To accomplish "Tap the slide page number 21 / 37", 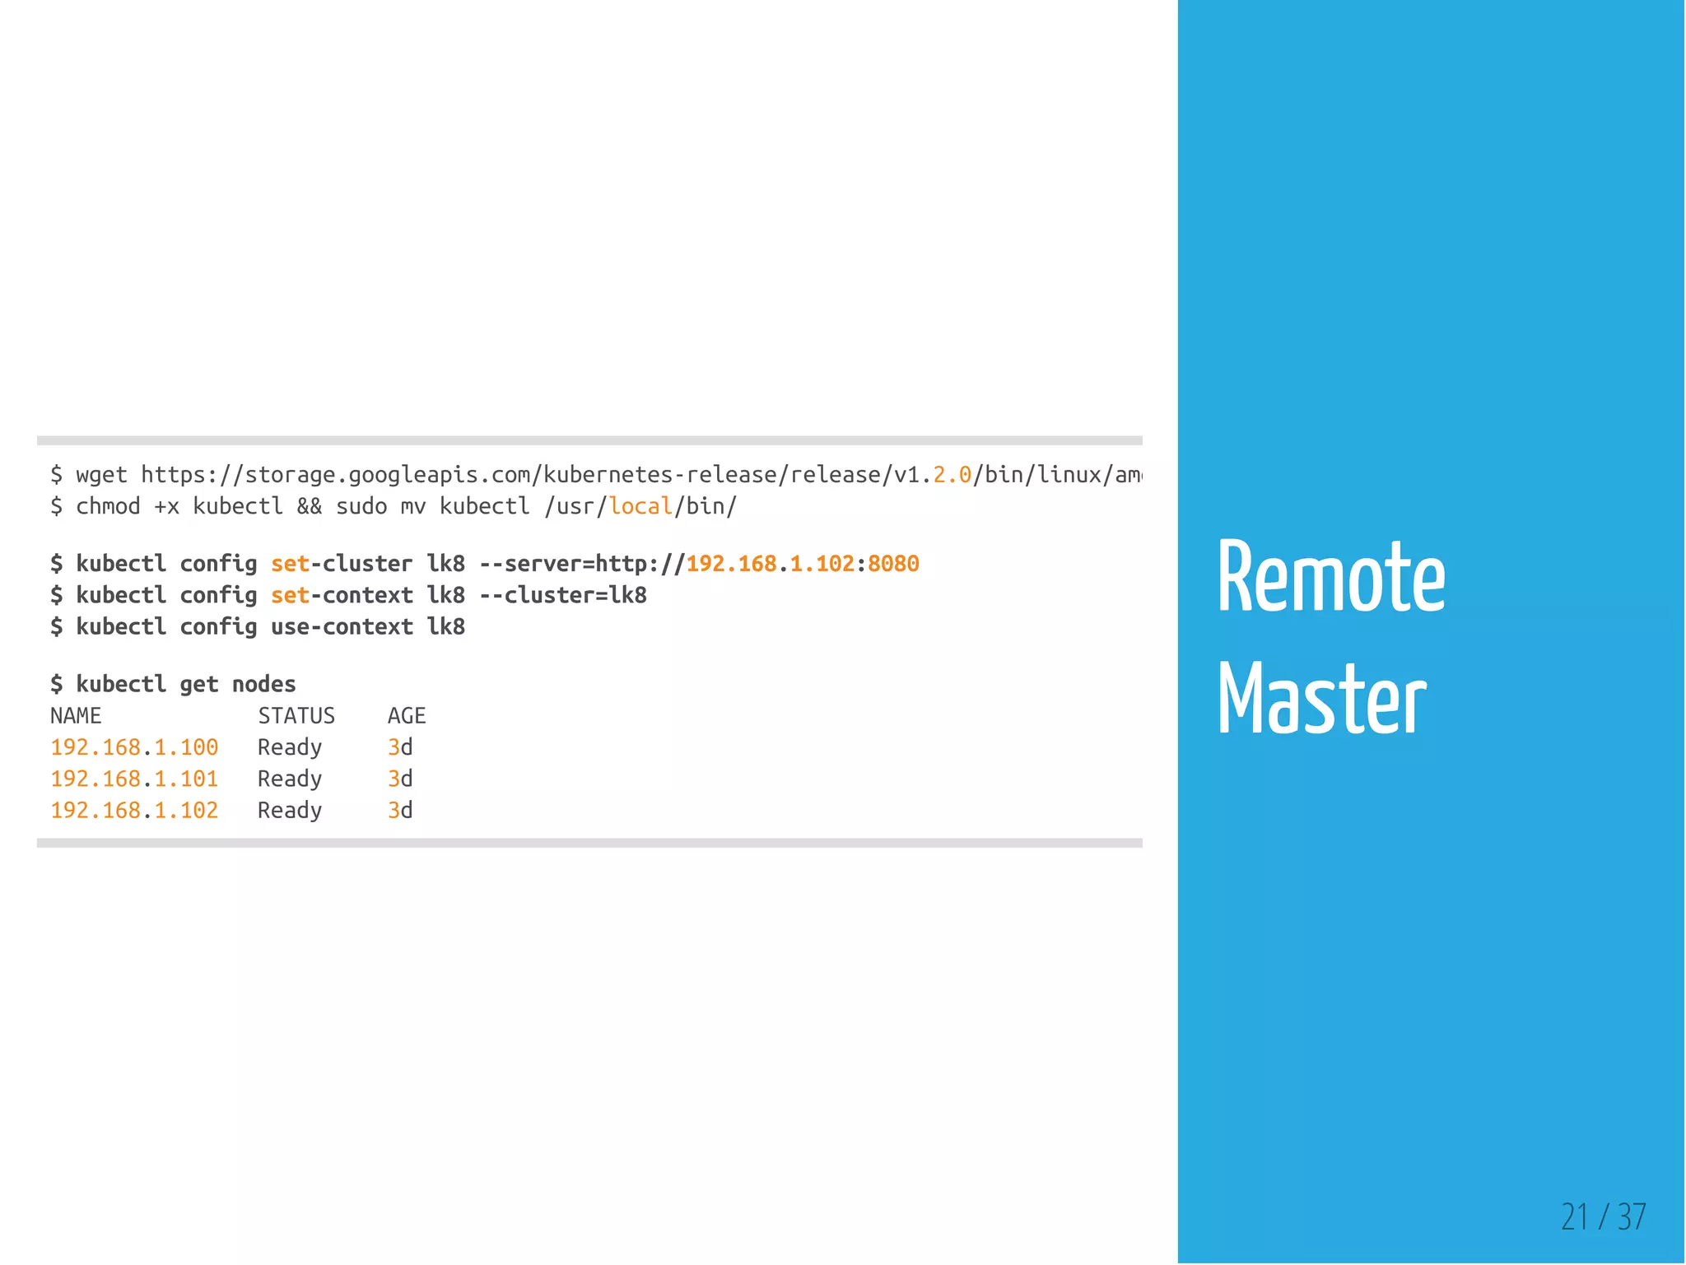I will (1603, 1216).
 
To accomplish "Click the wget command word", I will (101, 475).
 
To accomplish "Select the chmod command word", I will (108, 506).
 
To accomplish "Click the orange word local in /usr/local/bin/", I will (640, 506).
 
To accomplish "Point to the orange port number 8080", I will (893, 564).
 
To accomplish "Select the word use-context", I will (342, 627).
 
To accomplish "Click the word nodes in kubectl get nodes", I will (263, 684).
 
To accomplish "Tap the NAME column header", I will (76, 716).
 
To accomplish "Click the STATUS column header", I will (296, 716).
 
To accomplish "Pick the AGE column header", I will (407, 716).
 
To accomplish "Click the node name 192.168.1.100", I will (134, 747).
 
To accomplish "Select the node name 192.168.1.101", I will (134, 779).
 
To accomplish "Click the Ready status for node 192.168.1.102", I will (290, 811).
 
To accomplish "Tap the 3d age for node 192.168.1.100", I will (400, 747).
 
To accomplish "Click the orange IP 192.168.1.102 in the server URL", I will (771, 564).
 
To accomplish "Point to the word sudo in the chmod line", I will (361, 506).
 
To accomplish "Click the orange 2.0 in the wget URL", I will (952, 475).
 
